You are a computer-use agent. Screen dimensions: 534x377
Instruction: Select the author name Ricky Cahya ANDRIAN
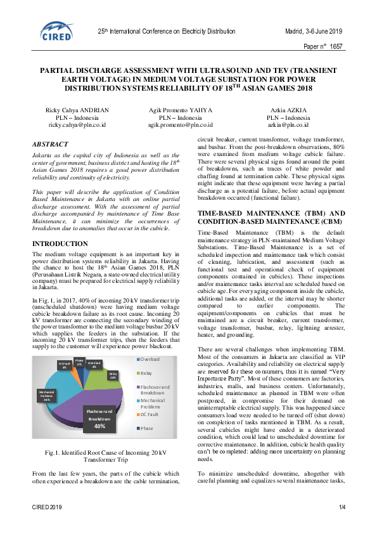pos(77,110)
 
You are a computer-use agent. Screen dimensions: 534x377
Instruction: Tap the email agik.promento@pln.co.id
pos(181,126)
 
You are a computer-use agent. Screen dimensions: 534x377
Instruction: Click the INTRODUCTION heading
pos(60,244)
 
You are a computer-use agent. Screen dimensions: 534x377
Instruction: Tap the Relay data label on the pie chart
pos(113,375)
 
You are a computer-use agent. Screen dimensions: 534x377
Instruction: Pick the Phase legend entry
pos(148,428)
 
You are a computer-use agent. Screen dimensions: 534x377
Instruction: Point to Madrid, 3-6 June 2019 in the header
pos(313,31)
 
